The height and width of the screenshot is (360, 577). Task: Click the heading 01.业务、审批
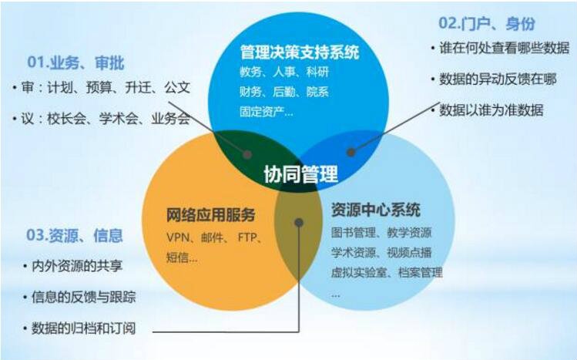coord(75,62)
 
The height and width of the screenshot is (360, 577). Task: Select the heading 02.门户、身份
coord(486,24)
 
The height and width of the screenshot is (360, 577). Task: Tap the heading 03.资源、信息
coord(74,236)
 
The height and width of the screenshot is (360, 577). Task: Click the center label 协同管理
coord(300,174)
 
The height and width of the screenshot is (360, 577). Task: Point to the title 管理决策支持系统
coord(300,52)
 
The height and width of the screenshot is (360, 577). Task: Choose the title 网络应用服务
coord(211,215)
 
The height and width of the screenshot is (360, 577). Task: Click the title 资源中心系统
coord(376,210)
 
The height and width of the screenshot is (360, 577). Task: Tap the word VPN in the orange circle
coord(178,237)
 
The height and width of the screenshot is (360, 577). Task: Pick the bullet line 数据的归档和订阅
coord(83,328)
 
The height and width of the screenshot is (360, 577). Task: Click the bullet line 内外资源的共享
coord(77,266)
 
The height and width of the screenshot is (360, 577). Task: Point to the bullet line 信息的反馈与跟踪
coord(83,297)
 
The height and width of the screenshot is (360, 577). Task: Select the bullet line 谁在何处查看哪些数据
coord(504,49)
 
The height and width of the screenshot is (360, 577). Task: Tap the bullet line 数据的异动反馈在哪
coord(498,79)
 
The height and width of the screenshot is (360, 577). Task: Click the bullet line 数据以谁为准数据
coord(491,110)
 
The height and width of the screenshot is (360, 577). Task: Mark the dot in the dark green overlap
coord(247,154)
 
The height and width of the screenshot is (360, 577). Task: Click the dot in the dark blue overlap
coord(351,152)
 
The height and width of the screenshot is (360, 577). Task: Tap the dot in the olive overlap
coord(299,222)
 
